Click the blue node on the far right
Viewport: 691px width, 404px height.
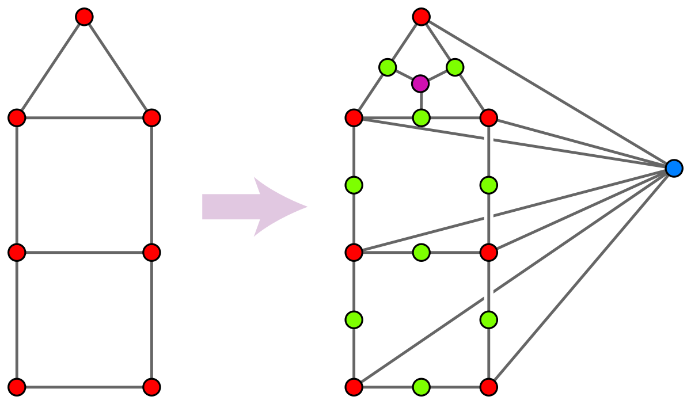tap(674, 169)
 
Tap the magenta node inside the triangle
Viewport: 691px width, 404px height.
tap(420, 84)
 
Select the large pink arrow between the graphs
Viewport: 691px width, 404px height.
tap(254, 207)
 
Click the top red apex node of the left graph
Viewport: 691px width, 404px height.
tap(84, 17)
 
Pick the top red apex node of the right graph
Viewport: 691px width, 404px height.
tap(421, 17)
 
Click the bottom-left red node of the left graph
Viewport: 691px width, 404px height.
tap(17, 387)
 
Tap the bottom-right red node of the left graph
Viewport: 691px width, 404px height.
tap(151, 387)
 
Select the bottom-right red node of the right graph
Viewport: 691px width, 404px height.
tap(488, 387)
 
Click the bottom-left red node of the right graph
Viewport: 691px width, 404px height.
tap(354, 387)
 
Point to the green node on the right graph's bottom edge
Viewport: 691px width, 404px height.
tap(421, 387)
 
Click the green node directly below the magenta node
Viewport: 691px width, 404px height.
tap(422, 118)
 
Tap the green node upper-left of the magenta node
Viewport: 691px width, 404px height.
tap(388, 67)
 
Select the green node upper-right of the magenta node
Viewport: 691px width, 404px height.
tap(455, 67)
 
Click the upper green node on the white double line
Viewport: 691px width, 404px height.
tap(488, 185)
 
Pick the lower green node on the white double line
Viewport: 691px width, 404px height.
tap(488, 319)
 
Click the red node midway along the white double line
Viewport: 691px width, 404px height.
tap(488, 252)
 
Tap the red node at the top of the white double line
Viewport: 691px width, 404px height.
tap(488, 118)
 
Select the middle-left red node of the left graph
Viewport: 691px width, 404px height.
tap(17, 252)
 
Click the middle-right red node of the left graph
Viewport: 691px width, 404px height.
tap(151, 252)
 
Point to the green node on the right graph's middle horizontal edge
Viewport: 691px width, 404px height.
tap(421, 252)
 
